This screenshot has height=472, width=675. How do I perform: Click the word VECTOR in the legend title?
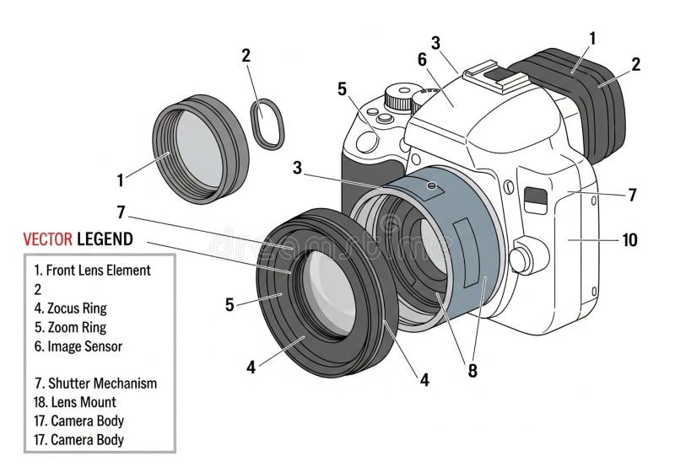click(x=46, y=239)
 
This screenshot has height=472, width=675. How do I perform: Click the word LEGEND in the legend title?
click(x=105, y=239)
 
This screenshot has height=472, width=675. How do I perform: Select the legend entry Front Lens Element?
click(x=92, y=271)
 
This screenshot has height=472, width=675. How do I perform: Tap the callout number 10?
click(x=629, y=239)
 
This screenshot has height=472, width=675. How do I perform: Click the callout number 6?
click(x=422, y=59)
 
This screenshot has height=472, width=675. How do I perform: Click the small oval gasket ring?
click(x=268, y=123)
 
